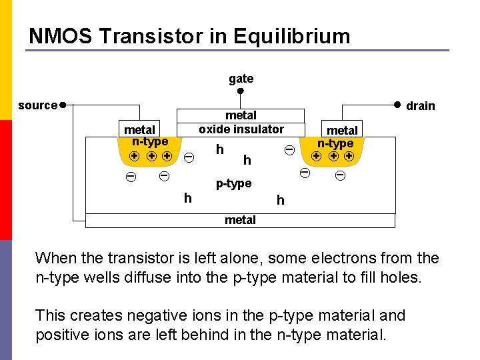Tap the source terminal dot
pos(62,105)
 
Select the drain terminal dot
pos(396,104)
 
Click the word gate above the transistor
pos(241,79)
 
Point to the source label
pos(37,105)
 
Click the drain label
pos(420,106)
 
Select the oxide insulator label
pos(241,129)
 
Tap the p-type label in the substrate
pos(233,183)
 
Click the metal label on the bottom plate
pos(240,220)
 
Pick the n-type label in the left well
pos(150,141)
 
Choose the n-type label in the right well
pos(335,143)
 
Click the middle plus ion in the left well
pos(151,156)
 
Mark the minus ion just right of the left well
pos(189,157)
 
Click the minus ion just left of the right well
pos(289,151)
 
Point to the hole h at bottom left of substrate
pos(188,198)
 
